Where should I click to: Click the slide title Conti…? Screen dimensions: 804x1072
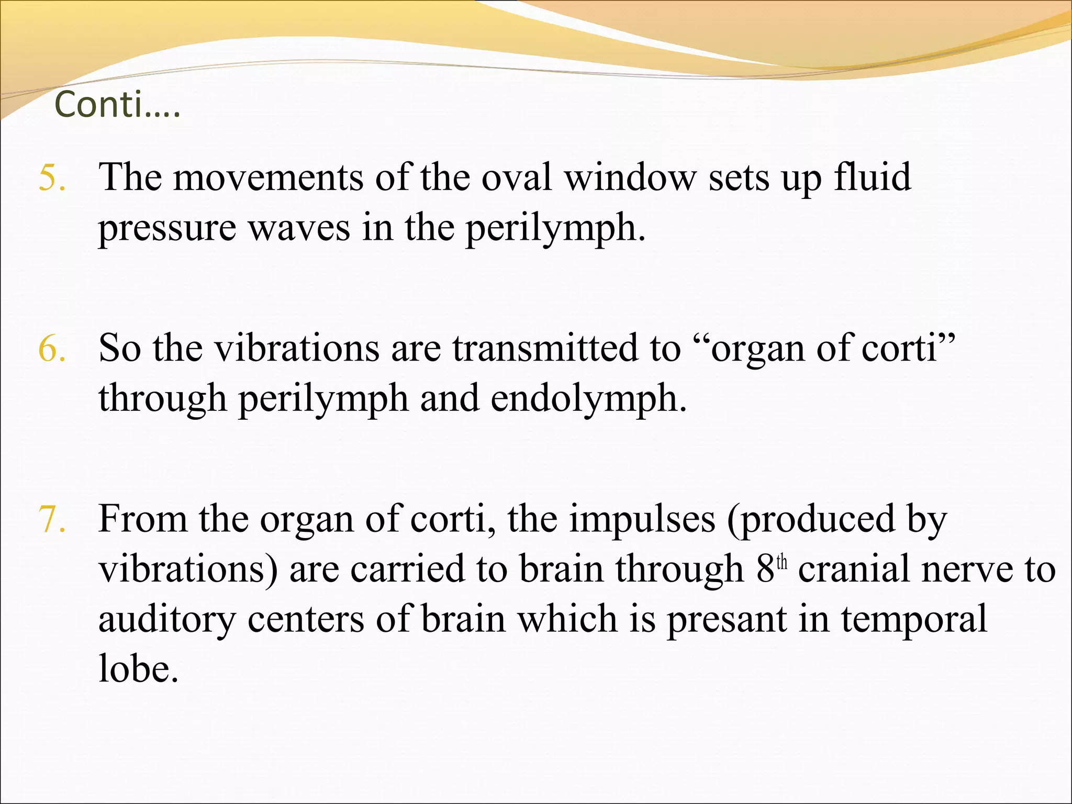pos(117,105)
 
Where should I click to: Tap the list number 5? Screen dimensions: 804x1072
pos(52,178)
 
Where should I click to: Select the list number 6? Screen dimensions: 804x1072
pos(52,349)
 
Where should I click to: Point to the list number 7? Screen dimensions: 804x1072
pos(52,520)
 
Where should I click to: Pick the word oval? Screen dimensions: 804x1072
pos(516,178)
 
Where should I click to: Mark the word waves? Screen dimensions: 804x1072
pos(299,229)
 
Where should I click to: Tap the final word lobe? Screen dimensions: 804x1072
pos(138,669)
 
